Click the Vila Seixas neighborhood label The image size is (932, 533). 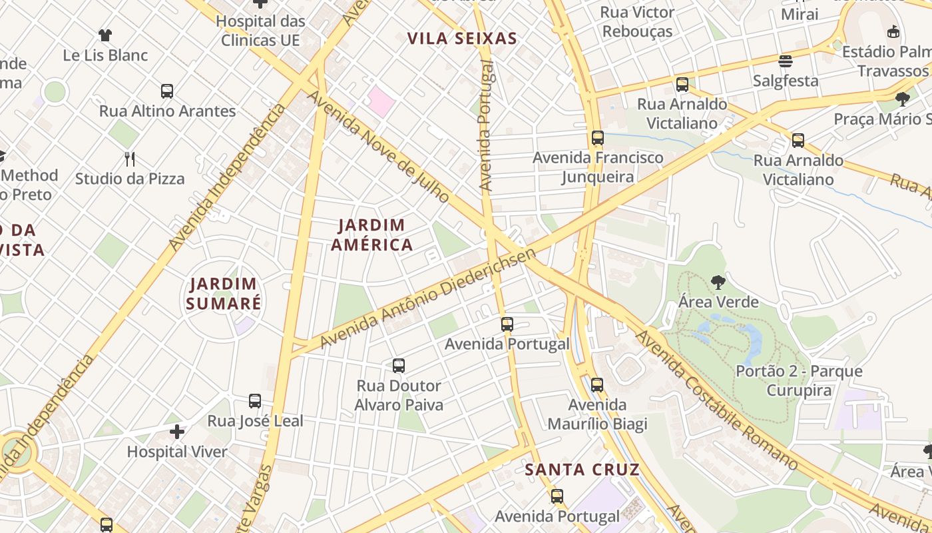click(462, 38)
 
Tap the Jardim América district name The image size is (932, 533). click(371, 235)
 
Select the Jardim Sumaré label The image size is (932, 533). click(223, 294)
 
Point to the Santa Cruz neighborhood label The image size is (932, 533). click(582, 469)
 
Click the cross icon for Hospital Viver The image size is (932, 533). click(177, 432)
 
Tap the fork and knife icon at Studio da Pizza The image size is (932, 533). click(130, 159)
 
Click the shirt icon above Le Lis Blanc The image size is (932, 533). click(105, 35)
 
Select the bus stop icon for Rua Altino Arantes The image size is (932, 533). click(167, 91)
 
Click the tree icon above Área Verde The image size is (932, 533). click(718, 282)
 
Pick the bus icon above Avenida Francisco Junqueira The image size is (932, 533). click(598, 139)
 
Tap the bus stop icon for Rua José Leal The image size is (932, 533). click(255, 401)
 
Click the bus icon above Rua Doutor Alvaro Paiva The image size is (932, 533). click(399, 366)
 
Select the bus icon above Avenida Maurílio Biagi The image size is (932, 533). click(597, 385)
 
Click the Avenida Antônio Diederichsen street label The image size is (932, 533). click(428, 298)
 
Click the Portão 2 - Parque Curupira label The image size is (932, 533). click(799, 380)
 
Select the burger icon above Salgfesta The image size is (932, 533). click(786, 61)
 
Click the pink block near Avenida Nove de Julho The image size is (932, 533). click(381, 100)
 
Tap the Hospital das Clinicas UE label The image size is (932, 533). click(260, 31)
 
